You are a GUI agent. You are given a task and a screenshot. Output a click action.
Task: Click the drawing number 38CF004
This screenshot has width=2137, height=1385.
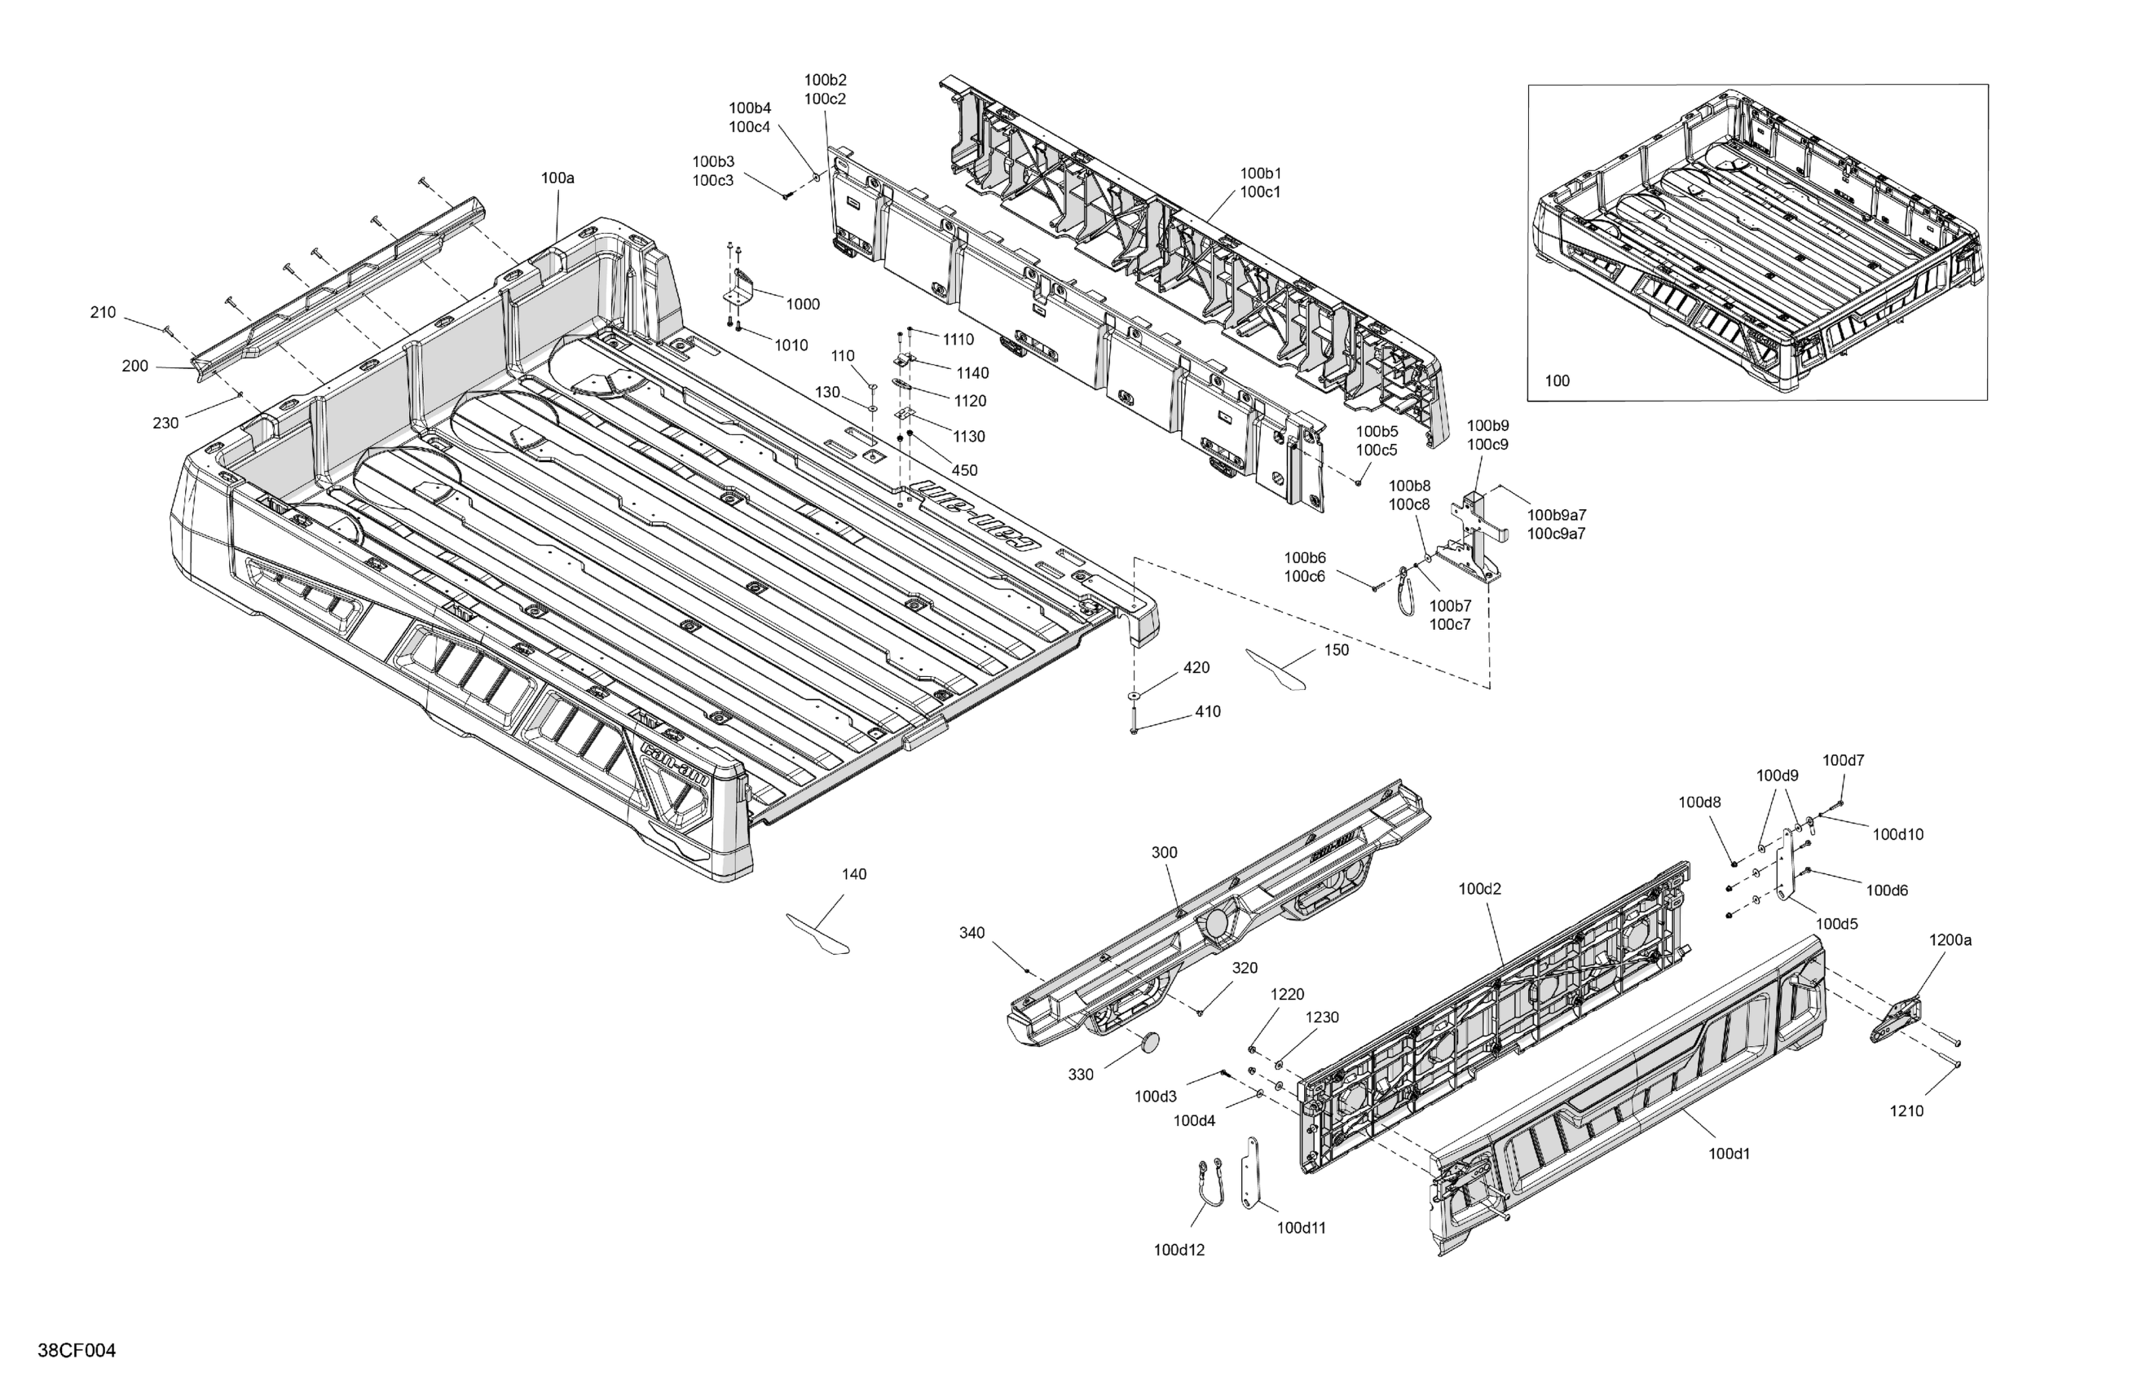(x=77, y=1351)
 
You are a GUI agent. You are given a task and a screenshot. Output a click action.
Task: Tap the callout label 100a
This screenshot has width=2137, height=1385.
(x=557, y=178)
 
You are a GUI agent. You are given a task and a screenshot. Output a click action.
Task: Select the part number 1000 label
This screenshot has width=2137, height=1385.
(x=803, y=304)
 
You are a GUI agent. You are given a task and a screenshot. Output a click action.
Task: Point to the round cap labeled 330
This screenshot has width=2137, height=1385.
(x=1149, y=1042)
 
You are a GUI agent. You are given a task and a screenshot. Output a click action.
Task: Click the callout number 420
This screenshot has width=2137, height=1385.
(x=1196, y=668)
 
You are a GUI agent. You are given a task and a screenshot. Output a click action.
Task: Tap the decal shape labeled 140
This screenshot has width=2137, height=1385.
(x=817, y=933)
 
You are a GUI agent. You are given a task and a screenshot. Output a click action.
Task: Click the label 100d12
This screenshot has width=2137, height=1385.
(x=1179, y=1250)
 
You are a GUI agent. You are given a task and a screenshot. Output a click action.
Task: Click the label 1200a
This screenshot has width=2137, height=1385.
(x=1950, y=940)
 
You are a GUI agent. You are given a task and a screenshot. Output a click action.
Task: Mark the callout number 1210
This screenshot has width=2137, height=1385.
(x=1906, y=1111)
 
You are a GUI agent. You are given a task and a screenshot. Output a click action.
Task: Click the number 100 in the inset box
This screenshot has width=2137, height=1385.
(x=1557, y=380)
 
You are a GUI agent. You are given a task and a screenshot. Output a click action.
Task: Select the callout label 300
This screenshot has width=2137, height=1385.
(x=1164, y=853)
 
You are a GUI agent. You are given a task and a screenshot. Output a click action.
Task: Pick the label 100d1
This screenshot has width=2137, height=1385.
(x=1729, y=1154)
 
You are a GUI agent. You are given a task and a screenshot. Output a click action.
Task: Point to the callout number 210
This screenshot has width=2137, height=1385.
(x=104, y=312)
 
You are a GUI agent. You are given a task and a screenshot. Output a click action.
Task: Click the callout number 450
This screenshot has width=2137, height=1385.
(x=964, y=470)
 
